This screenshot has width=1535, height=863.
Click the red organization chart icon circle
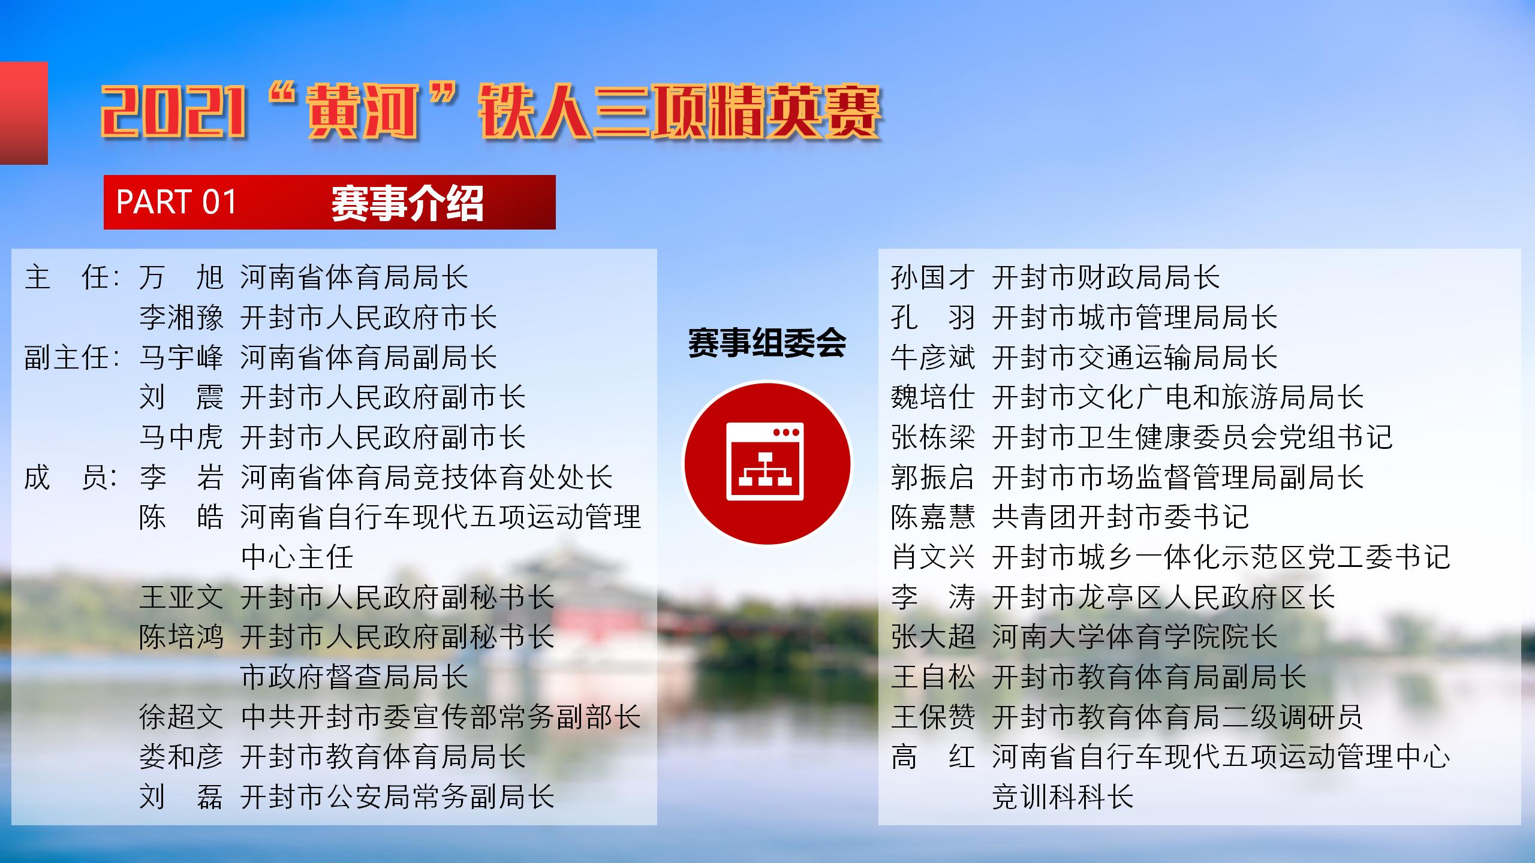point(767,463)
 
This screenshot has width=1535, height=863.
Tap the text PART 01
point(177,202)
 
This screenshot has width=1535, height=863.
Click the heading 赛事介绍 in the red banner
point(407,203)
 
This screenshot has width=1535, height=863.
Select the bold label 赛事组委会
point(767,343)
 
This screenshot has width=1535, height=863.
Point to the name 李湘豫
point(181,318)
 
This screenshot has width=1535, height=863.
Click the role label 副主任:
point(72,358)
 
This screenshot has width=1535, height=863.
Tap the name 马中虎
point(181,437)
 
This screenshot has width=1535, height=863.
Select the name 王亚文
point(181,598)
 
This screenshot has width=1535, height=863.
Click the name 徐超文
point(181,717)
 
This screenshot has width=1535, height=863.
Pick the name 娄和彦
point(181,757)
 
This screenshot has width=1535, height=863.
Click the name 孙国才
point(933,277)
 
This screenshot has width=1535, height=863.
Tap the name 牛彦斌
point(933,358)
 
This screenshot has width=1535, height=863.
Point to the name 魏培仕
point(933,397)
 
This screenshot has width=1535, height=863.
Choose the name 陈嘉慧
point(933,517)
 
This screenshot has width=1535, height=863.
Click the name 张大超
point(933,637)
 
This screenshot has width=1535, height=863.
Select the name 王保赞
point(933,717)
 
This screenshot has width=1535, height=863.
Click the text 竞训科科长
point(1063,797)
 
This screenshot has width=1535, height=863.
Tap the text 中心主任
point(297,557)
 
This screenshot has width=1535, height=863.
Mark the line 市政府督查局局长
point(354,677)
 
